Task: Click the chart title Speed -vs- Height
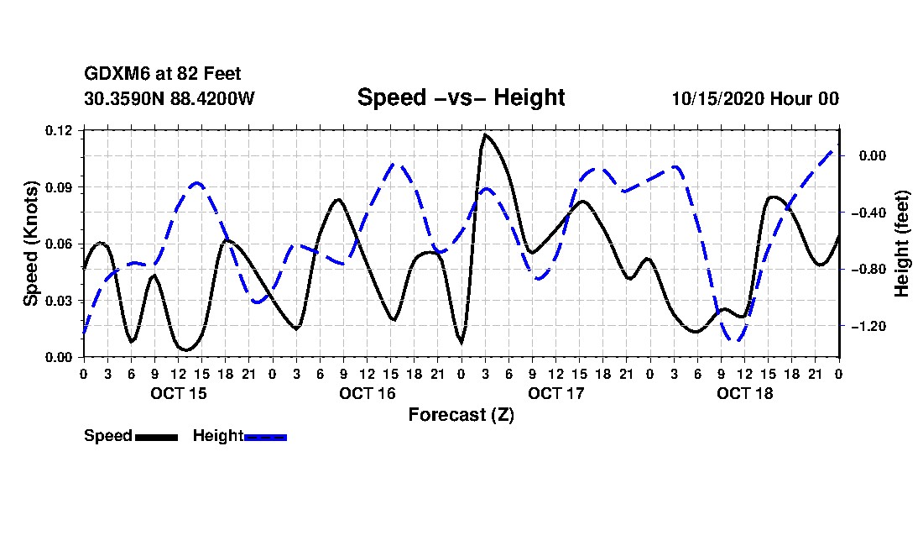point(461,97)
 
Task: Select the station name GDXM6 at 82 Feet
point(163,75)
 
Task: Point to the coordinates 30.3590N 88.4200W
point(169,98)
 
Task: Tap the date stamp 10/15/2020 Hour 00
point(755,98)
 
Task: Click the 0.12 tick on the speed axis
point(60,130)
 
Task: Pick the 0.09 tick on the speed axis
point(60,187)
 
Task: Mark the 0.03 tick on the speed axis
point(60,301)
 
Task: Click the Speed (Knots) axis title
point(31,244)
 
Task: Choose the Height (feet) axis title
point(902,244)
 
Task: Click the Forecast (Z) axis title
point(461,414)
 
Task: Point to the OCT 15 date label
point(178,393)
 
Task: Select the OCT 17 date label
point(555,393)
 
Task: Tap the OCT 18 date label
point(744,393)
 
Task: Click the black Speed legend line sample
point(155,437)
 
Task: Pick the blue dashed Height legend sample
point(265,437)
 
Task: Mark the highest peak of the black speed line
point(485,134)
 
